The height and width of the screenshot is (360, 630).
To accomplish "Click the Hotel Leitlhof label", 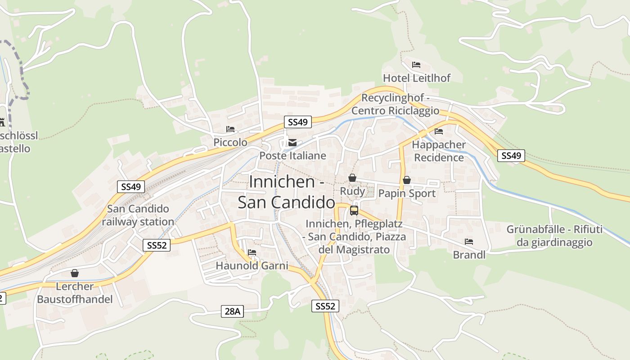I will [416, 78].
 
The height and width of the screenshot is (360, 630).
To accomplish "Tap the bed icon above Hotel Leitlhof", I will [416, 65].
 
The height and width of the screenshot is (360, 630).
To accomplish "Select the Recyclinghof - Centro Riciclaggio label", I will [395, 104].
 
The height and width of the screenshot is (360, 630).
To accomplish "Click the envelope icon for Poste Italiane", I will [292, 143].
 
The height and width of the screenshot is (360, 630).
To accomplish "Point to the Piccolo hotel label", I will [230, 142].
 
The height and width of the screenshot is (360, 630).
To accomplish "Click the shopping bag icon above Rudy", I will [352, 178].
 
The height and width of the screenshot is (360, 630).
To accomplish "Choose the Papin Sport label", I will [407, 193].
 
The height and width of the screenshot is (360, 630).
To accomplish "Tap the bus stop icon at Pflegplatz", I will [354, 210].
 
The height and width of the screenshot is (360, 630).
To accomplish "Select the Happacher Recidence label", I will [439, 151].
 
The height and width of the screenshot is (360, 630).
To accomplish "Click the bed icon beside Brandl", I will [469, 242].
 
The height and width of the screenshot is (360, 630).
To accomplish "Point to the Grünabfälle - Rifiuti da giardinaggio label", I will [554, 236].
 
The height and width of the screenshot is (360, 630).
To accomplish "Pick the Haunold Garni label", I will [252, 265].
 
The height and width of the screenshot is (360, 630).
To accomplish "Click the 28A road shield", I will [233, 311].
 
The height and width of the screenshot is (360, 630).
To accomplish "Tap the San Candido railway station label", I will [138, 215].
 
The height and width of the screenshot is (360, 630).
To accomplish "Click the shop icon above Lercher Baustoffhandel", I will [75, 273].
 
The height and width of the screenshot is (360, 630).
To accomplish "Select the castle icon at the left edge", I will [2, 122].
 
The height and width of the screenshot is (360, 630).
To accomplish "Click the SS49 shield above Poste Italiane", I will [298, 122].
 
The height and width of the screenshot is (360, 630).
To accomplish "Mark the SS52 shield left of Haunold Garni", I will [157, 245].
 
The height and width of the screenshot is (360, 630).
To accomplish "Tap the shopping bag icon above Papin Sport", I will [407, 180].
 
